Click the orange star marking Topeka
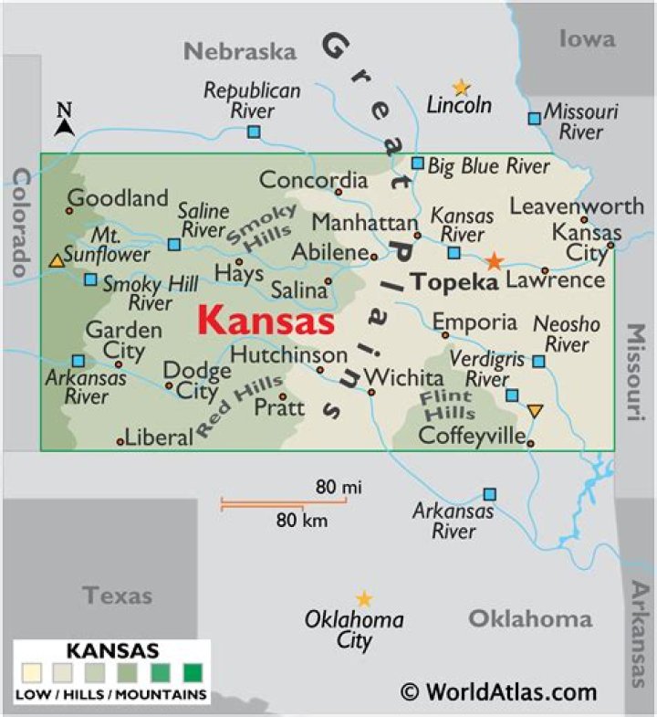(494, 261)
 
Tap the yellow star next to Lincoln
(462, 88)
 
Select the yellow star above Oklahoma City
(364, 599)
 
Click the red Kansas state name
(266, 322)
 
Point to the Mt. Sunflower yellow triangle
(57, 261)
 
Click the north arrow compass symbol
(64, 121)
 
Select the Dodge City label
(196, 381)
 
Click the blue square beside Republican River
(254, 132)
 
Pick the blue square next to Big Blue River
(417, 163)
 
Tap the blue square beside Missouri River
(534, 118)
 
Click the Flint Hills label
(447, 405)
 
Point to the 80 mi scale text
(339, 487)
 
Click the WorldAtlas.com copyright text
(498, 691)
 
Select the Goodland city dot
(68, 211)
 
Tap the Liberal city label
(159, 437)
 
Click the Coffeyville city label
(472, 435)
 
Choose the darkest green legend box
(193, 674)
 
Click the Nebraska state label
(240, 51)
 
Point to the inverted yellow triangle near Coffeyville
(535, 411)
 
